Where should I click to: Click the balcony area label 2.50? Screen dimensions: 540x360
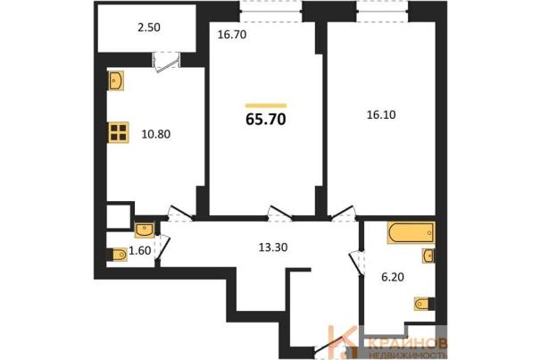[149, 27]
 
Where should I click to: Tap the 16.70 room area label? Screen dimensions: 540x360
[232, 35]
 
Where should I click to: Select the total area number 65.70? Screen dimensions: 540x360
[265, 120]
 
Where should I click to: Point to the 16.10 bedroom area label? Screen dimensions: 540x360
[381, 115]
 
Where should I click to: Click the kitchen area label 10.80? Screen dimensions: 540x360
[155, 134]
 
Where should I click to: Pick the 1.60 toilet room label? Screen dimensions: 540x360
[139, 251]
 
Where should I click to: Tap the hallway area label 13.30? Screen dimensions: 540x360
[273, 247]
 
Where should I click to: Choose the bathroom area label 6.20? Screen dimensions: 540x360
[393, 277]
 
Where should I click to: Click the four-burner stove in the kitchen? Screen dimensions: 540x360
[119, 132]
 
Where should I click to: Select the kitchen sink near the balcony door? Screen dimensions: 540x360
[115, 80]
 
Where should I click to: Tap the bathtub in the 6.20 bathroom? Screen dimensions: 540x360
[411, 233]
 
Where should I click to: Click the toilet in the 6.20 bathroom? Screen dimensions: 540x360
[423, 304]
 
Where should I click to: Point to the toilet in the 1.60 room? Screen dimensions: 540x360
[118, 255]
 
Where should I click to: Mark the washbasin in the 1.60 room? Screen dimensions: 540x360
[145, 230]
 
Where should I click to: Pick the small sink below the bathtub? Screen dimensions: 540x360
[428, 255]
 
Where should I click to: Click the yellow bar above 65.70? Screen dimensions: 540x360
[266, 105]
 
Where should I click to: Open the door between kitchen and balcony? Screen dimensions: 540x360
[166, 62]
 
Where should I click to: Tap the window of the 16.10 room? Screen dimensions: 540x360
[382, 12]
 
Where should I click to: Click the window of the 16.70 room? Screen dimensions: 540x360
[270, 12]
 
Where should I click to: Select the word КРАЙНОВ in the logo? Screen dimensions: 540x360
[408, 343]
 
